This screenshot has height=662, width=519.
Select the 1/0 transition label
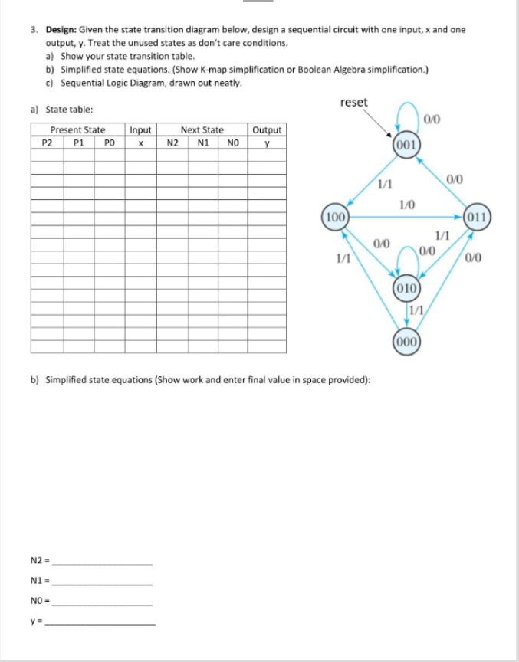tap(407, 203)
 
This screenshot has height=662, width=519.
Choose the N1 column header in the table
tap(203, 142)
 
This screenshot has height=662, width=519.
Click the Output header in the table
tap(267, 130)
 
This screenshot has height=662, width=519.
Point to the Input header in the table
tap(140, 130)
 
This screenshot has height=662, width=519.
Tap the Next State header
tap(202, 130)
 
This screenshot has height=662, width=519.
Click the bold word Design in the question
tap(60, 29)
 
